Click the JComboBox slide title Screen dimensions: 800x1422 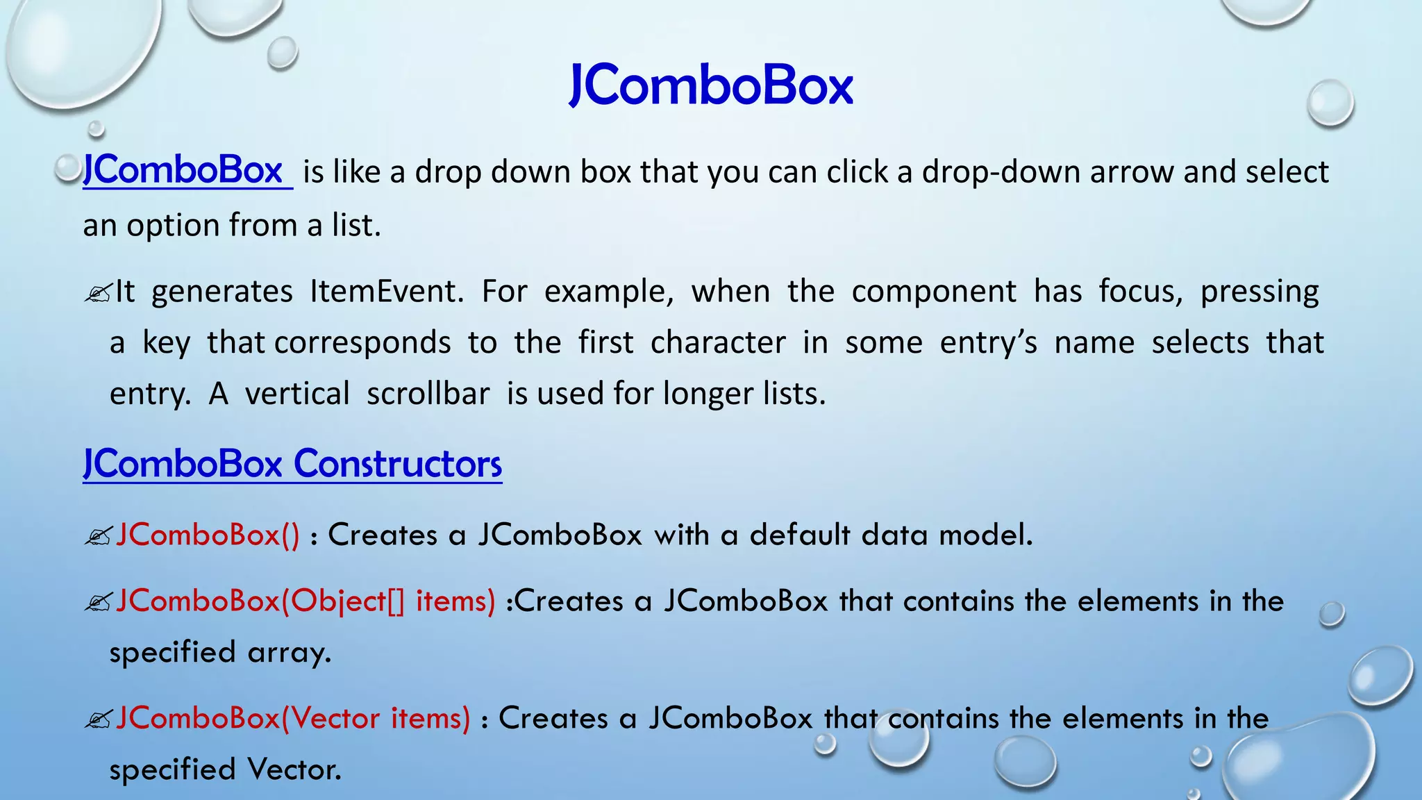(710, 85)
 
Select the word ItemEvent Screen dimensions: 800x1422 (386, 291)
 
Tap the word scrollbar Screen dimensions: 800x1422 (428, 394)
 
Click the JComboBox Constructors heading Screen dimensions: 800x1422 (292, 464)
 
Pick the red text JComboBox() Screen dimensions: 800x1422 (208, 535)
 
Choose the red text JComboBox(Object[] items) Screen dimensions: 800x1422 (306, 601)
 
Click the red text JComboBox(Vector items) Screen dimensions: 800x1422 (293, 718)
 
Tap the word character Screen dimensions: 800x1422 (718, 342)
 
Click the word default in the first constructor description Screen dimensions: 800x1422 (800, 535)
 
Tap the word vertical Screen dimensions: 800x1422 (297, 394)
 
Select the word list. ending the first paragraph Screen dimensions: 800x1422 (356, 225)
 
